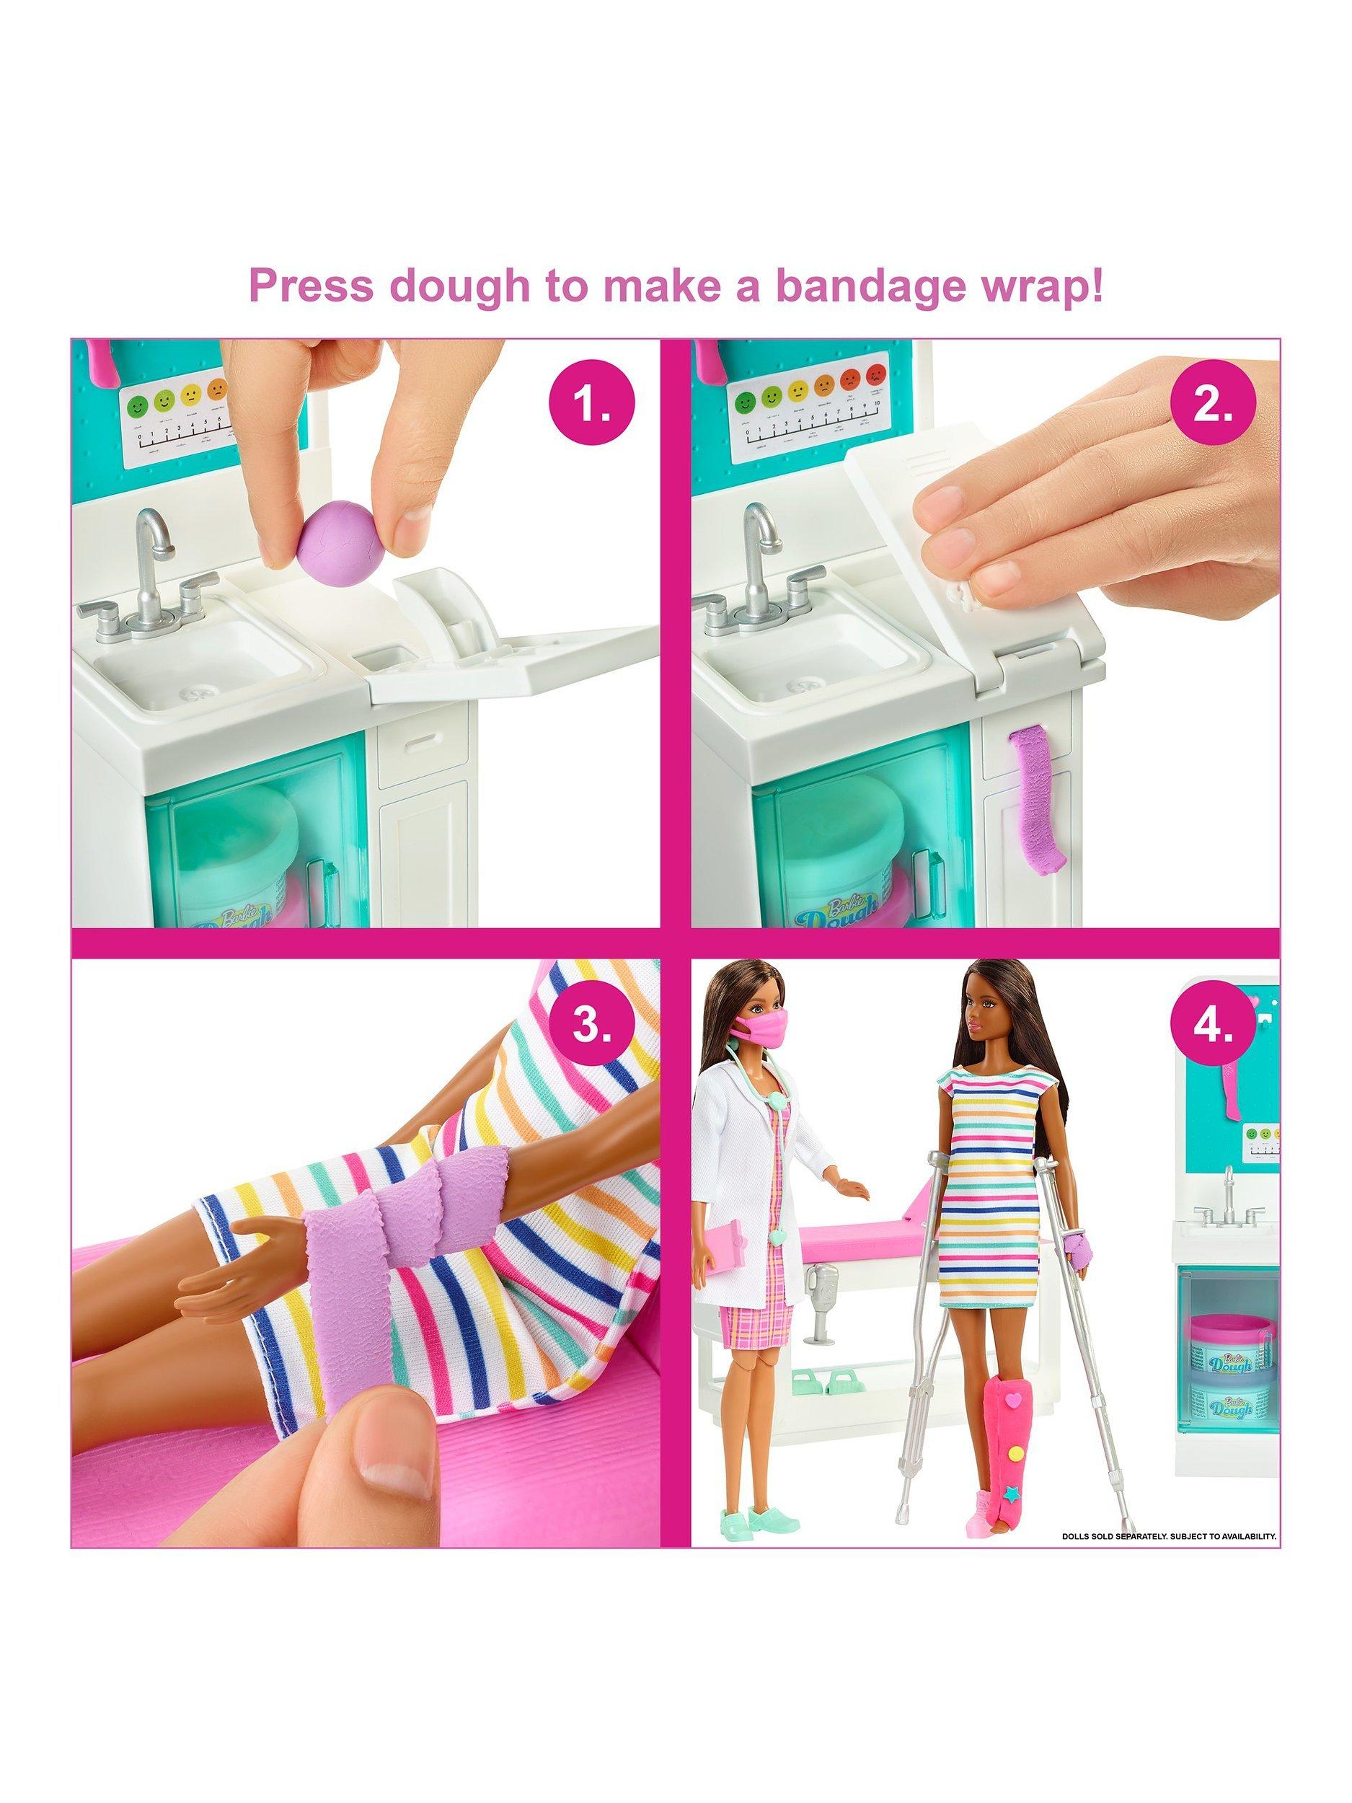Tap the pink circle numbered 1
click(x=592, y=405)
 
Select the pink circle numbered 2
click(x=1212, y=405)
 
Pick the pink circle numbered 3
click(x=592, y=1025)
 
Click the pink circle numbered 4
click(x=1212, y=1025)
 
